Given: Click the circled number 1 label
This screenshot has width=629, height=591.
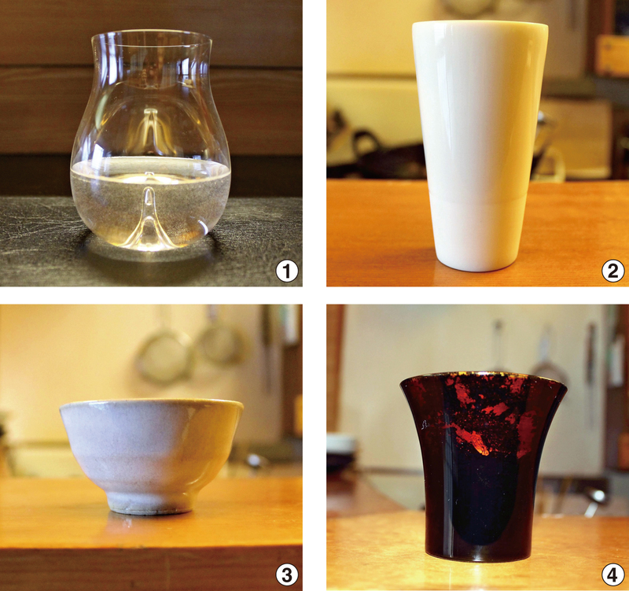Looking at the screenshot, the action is [286, 271].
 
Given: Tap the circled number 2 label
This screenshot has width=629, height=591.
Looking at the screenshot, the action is [613, 271].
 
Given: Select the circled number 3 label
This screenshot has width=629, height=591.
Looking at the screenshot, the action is [286, 575].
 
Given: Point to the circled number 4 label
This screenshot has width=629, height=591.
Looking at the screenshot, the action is [613, 576].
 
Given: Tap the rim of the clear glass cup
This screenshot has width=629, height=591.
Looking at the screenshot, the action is [151, 35].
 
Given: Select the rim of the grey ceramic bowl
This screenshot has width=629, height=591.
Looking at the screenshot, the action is [152, 403].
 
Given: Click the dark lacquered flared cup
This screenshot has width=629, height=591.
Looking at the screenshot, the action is [483, 467].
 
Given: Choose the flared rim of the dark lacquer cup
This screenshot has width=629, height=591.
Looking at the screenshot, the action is [483, 378].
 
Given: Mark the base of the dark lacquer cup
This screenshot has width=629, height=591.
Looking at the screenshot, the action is [482, 556].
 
